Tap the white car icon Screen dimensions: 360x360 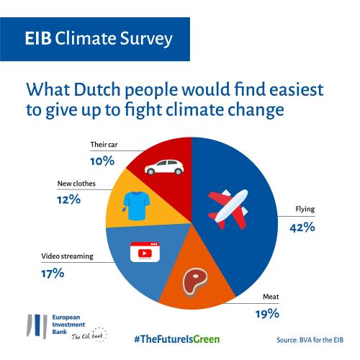[x=164, y=167]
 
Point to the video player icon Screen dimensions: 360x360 [x=145, y=252]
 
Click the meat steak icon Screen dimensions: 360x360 [x=195, y=282]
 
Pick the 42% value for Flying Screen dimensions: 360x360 [x=302, y=227]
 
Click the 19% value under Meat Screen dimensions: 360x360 [x=267, y=313]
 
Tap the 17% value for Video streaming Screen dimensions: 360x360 [x=53, y=273]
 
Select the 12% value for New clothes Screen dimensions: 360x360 [x=69, y=199]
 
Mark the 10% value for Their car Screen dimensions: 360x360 [x=102, y=161]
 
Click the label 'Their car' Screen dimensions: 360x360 [x=104, y=145]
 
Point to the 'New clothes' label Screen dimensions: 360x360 [x=76, y=184]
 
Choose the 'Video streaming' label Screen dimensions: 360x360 [x=68, y=256]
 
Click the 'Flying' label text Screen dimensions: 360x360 [x=305, y=210]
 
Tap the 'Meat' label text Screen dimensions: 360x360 [x=271, y=297]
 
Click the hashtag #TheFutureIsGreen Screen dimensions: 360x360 [x=177, y=339]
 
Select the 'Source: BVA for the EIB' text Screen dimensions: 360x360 [x=310, y=340]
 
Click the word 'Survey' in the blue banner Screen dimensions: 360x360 [x=146, y=39]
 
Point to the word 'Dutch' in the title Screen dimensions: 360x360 [x=97, y=90]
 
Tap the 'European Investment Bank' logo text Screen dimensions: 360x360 [x=68, y=325]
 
